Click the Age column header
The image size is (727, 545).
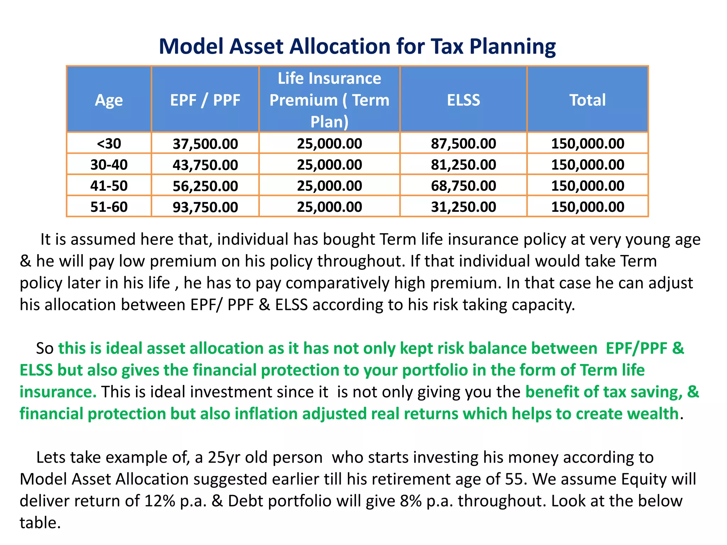(x=109, y=100)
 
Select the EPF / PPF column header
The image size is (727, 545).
(x=205, y=100)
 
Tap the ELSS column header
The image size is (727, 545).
(x=463, y=100)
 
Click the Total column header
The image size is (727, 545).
(x=587, y=100)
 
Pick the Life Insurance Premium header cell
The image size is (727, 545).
(x=329, y=100)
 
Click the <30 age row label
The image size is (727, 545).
(x=109, y=144)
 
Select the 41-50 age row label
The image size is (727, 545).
(x=109, y=186)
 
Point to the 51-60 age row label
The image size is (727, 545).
(x=109, y=207)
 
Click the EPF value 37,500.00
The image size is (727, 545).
(x=205, y=144)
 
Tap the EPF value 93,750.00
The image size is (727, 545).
(x=205, y=207)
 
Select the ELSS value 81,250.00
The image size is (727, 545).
(x=463, y=165)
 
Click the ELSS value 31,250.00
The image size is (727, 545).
(x=463, y=207)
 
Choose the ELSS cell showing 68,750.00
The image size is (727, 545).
(x=463, y=186)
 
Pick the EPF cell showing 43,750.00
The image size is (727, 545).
(x=205, y=165)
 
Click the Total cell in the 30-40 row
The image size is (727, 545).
(x=587, y=165)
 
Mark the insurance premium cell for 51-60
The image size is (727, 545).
(x=329, y=207)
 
